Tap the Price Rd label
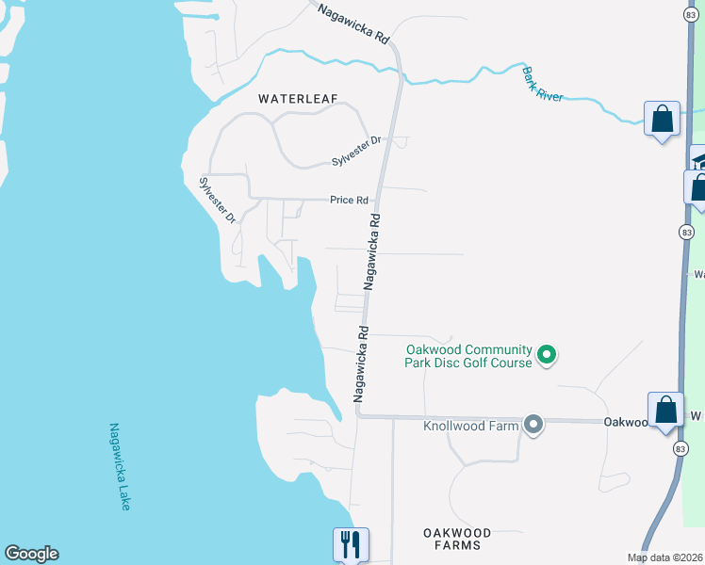click(x=347, y=200)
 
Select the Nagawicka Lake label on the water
click(x=119, y=466)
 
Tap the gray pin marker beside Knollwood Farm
click(x=533, y=425)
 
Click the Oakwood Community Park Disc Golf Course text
click(x=468, y=356)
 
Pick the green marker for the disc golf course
click(x=547, y=355)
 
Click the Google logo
click(x=31, y=554)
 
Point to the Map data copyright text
click(x=665, y=557)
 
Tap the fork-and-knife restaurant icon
click(x=350, y=543)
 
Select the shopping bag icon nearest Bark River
click(x=662, y=120)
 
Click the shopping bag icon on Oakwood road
click(x=665, y=410)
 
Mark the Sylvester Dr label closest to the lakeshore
click(x=216, y=200)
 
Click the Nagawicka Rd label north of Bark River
click(x=353, y=24)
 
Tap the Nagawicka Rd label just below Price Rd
click(x=373, y=250)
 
